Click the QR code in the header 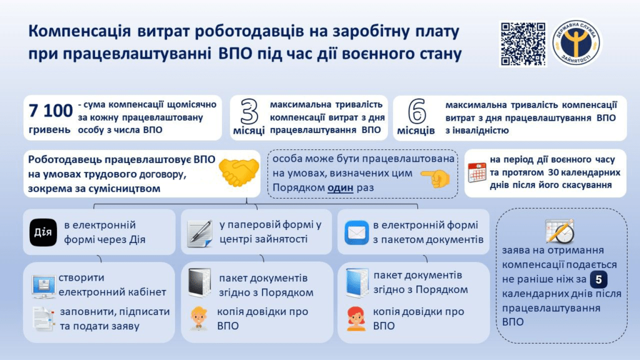coord(523,44)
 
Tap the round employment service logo coord(576,43)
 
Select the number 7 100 coord(51,111)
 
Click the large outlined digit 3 coord(249,111)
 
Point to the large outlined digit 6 coord(417,111)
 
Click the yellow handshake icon coord(239,172)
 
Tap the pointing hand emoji coord(436,178)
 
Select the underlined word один coord(341,187)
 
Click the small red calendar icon coord(477,172)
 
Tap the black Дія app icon coord(43,232)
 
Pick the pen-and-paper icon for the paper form coord(199,234)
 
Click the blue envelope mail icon coord(356,232)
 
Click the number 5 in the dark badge coord(598,279)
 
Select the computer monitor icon coord(43,286)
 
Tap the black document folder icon coord(199,282)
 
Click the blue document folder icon coord(356,282)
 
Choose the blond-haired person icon coord(199,317)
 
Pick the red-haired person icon coord(356,318)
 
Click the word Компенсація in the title coord(79,32)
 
